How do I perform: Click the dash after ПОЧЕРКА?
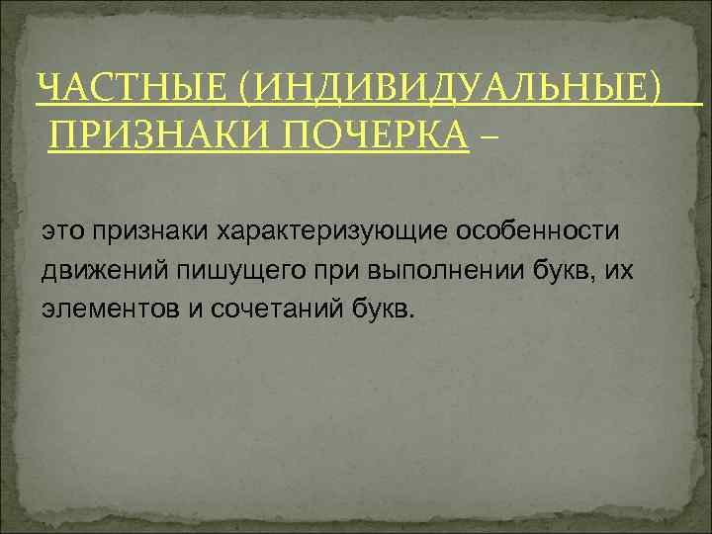(x=488, y=134)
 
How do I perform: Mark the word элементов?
(x=108, y=310)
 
